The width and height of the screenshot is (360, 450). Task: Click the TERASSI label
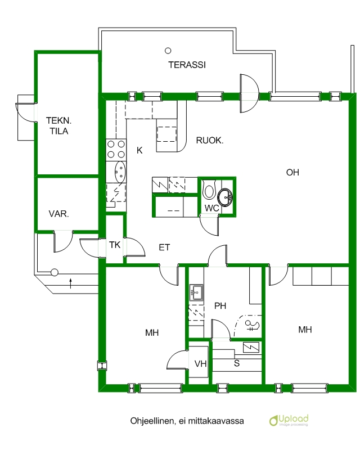pos(187,65)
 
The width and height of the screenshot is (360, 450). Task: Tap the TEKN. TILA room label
pos(59,125)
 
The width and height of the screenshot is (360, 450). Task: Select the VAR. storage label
pos(59,214)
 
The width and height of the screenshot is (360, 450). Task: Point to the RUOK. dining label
pos(210,141)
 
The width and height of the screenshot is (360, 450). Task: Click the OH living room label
pos(292,173)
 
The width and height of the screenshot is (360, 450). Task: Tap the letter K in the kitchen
pos(139,150)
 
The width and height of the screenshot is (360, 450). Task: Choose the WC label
pos(211,208)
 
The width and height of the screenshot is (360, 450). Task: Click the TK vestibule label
pos(115,245)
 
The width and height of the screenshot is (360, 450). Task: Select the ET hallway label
pos(164,247)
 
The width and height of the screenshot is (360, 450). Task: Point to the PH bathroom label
pos(220,306)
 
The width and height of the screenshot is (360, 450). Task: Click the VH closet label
pos(200,364)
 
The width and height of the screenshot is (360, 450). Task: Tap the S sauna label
pos(237,363)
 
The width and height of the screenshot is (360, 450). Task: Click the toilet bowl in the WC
pos(209,190)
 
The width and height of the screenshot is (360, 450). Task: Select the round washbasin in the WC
pos(226,197)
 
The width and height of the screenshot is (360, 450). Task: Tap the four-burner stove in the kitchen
pos(116,150)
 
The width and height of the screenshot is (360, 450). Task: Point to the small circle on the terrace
pos(168,51)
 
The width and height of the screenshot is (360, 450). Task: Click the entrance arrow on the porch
pos(70,283)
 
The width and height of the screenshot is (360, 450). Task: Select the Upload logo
pos(289,420)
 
